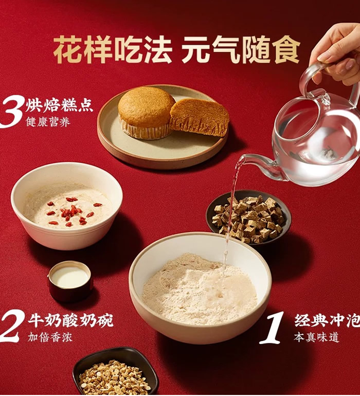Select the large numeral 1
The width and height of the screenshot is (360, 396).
(273, 329)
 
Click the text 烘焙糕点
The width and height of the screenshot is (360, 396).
(59, 105)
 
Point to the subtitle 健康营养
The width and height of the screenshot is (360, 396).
(48, 122)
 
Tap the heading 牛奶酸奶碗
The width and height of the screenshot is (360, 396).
(71, 320)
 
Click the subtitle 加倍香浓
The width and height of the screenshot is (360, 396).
(50, 337)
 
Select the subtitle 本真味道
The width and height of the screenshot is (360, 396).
(316, 337)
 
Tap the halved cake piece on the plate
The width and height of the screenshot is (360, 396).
(200, 117)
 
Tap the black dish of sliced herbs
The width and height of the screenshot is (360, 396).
(116, 372)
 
